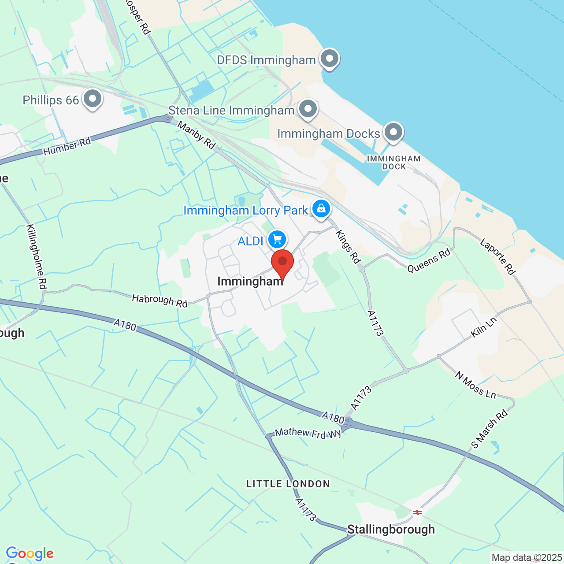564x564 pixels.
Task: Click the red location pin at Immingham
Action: coord(282,263)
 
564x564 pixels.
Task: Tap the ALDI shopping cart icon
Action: coord(277,240)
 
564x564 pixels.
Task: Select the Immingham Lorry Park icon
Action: coord(321,208)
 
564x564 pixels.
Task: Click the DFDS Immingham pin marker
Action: coord(329,59)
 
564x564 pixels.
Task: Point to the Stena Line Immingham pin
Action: coord(308,109)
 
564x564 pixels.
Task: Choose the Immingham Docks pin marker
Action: coord(393,132)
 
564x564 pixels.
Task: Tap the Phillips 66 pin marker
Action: coord(93,99)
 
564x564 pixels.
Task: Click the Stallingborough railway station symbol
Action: coord(417,512)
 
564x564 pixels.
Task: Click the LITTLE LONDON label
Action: coord(288,484)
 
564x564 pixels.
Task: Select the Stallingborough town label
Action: coord(391,529)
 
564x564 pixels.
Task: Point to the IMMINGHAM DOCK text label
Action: coord(394,162)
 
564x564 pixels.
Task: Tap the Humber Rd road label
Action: coord(67,146)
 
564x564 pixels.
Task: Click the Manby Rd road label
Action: coord(197,135)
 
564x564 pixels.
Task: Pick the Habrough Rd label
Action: coord(160,301)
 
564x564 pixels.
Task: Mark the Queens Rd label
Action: coord(429,261)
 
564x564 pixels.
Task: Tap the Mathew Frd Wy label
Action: coord(308,433)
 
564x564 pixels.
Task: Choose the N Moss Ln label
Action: coord(475,385)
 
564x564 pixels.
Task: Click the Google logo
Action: coord(30,553)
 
